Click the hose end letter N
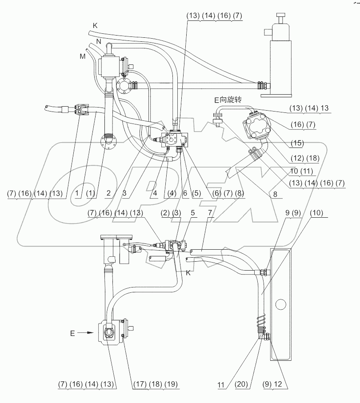coord(99,41)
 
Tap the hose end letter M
coord(83,56)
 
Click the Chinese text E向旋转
coord(228,100)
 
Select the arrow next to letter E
coord(85,333)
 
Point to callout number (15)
coord(297,143)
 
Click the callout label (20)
coord(241,384)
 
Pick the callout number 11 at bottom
coord(221,385)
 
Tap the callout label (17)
coord(140,384)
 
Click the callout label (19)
coord(171,384)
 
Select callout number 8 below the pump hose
coord(275,194)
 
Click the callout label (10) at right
coord(316,213)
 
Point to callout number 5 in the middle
coord(193,213)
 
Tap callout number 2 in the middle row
coord(108,193)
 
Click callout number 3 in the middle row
coord(124,193)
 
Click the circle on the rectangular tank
coord(280,304)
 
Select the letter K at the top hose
coord(95,25)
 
